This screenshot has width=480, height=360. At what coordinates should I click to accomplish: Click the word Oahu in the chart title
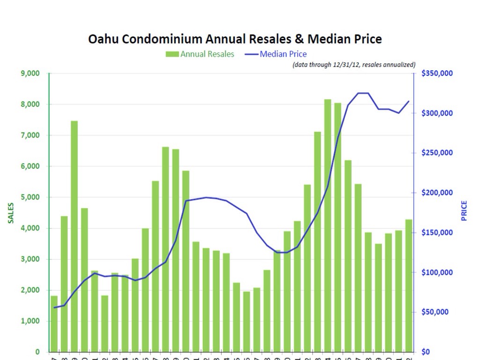tap(104, 39)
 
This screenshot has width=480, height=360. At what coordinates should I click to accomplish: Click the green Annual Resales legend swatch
tap(172, 54)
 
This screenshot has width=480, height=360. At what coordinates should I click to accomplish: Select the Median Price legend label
tap(283, 54)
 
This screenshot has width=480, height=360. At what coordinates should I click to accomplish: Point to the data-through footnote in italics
tap(354, 65)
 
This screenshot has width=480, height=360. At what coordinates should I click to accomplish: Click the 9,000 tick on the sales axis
tap(30, 74)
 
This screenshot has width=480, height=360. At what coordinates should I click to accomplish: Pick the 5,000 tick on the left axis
tap(30, 197)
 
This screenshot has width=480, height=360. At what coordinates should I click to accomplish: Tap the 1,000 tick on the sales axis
tap(30, 321)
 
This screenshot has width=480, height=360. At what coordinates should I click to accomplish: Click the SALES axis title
tap(10, 212)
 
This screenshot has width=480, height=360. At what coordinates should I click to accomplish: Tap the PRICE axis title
tap(464, 211)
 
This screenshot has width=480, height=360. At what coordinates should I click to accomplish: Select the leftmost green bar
tap(54, 323)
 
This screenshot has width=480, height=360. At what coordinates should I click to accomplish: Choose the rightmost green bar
tap(409, 286)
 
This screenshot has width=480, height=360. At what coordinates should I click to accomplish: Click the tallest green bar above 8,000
tap(328, 225)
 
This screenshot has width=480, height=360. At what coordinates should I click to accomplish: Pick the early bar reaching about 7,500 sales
tap(75, 234)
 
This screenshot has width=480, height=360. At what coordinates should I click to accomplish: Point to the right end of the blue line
tap(409, 101)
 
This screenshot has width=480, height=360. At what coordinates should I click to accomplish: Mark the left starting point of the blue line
tap(54, 307)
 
